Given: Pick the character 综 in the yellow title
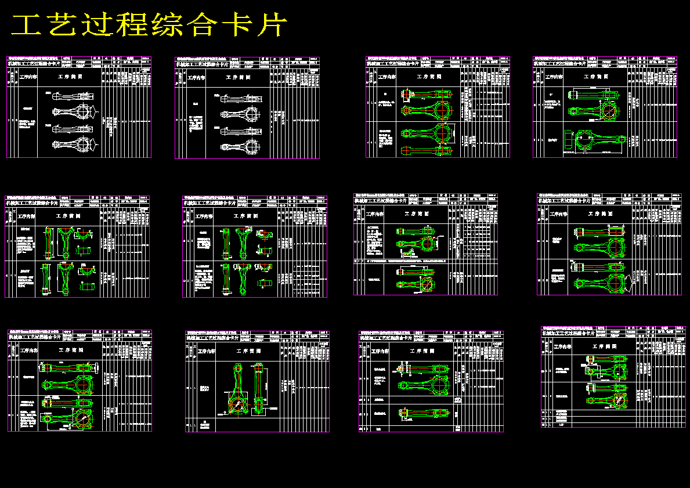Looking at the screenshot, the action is [169, 26].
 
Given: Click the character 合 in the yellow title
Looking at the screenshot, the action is [204, 26].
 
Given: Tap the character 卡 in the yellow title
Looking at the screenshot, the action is [239, 26].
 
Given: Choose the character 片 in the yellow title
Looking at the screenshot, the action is [272, 26].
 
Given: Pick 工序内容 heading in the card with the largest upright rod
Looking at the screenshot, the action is [206, 351].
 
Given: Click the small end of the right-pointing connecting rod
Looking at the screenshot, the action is [621, 140].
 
